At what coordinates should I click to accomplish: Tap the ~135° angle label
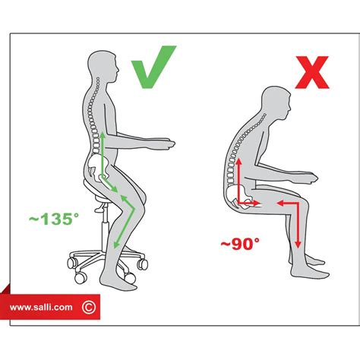click(54, 219)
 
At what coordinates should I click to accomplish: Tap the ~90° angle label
click(241, 245)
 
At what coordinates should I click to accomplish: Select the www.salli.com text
click(43, 307)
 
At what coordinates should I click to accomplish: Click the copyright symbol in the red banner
click(89, 307)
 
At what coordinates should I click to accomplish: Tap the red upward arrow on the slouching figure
click(237, 178)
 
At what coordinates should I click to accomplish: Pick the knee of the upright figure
click(137, 201)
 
